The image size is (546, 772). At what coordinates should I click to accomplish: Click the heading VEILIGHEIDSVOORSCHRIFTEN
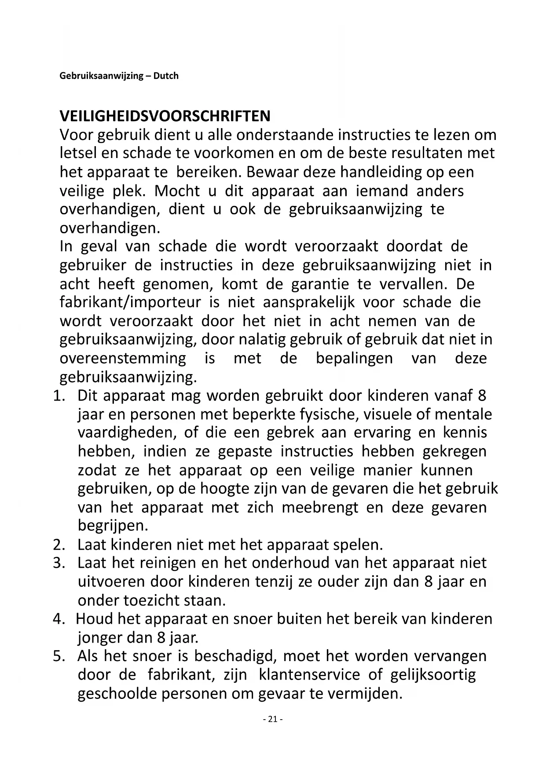click(165, 116)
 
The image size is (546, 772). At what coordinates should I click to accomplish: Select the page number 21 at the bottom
click(272, 719)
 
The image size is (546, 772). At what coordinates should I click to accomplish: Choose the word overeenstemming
click(123, 358)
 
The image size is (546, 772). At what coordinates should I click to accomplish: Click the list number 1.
click(59, 395)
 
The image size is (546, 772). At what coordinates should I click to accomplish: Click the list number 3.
click(59, 563)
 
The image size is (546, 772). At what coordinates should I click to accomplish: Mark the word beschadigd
click(235, 656)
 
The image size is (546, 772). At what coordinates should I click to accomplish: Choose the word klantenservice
click(315, 675)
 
